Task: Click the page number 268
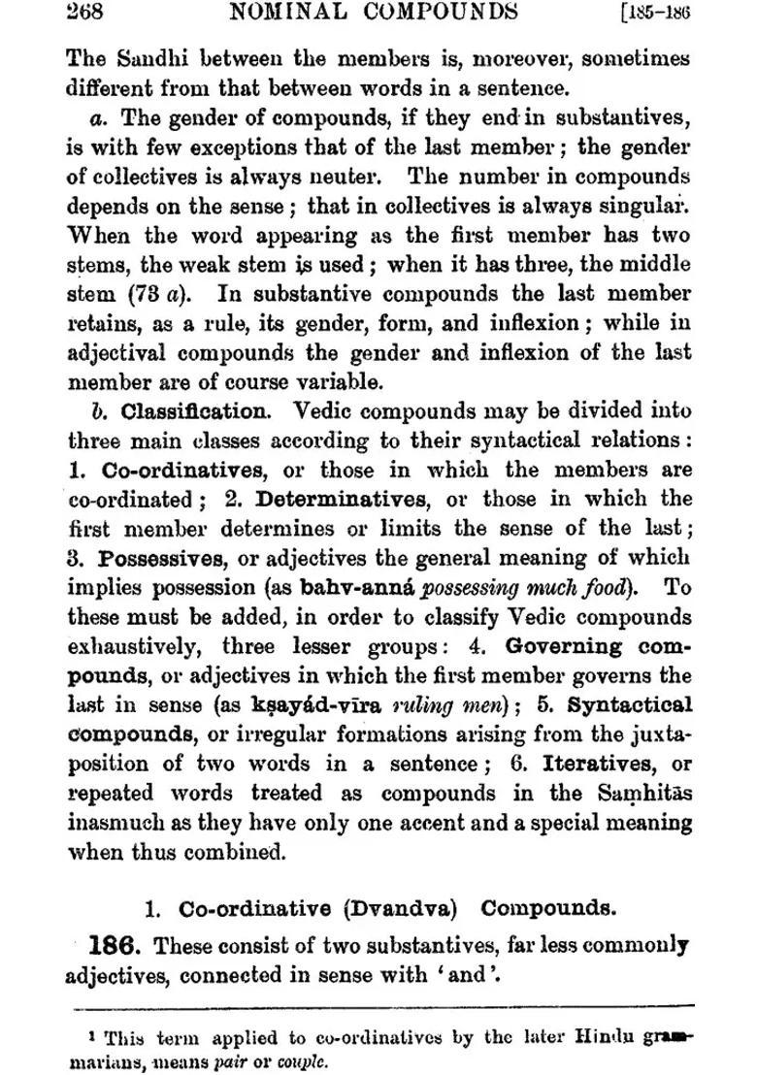(84, 13)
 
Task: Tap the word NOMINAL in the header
(282, 12)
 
